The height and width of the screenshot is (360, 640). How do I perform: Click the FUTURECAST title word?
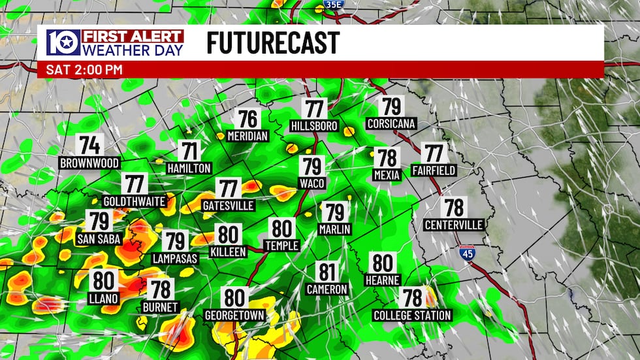pyautogui.click(x=272, y=43)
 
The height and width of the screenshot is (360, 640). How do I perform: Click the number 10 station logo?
pyautogui.click(x=63, y=42)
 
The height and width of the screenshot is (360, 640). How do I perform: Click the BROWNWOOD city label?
pyautogui.click(x=89, y=163)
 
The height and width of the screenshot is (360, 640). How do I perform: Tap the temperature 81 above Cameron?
pyautogui.click(x=327, y=271)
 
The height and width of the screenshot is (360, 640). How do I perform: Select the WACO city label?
pyautogui.click(x=312, y=183)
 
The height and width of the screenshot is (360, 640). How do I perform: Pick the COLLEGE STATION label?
pyautogui.click(x=412, y=316)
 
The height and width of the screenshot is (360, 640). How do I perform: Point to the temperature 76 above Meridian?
pyautogui.click(x=248, y=119)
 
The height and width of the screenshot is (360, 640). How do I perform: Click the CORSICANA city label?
pyautogui.click(x=391, y=123)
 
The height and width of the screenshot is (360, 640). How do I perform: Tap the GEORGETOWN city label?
pyautogui.click(x=234, y=316)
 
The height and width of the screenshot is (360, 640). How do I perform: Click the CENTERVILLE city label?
pyautogui.click(x=453, y=225)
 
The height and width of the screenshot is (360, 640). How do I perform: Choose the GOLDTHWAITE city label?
pyautogui.click(x=135, y=201)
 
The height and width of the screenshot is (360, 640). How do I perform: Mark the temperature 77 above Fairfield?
pyautogui.click(x=434, y=153)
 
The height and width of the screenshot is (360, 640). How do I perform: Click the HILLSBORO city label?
pyautogui.click(x=315, y=126)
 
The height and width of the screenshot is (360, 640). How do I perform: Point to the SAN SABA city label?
pyautogui.click(x=99, y=239)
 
